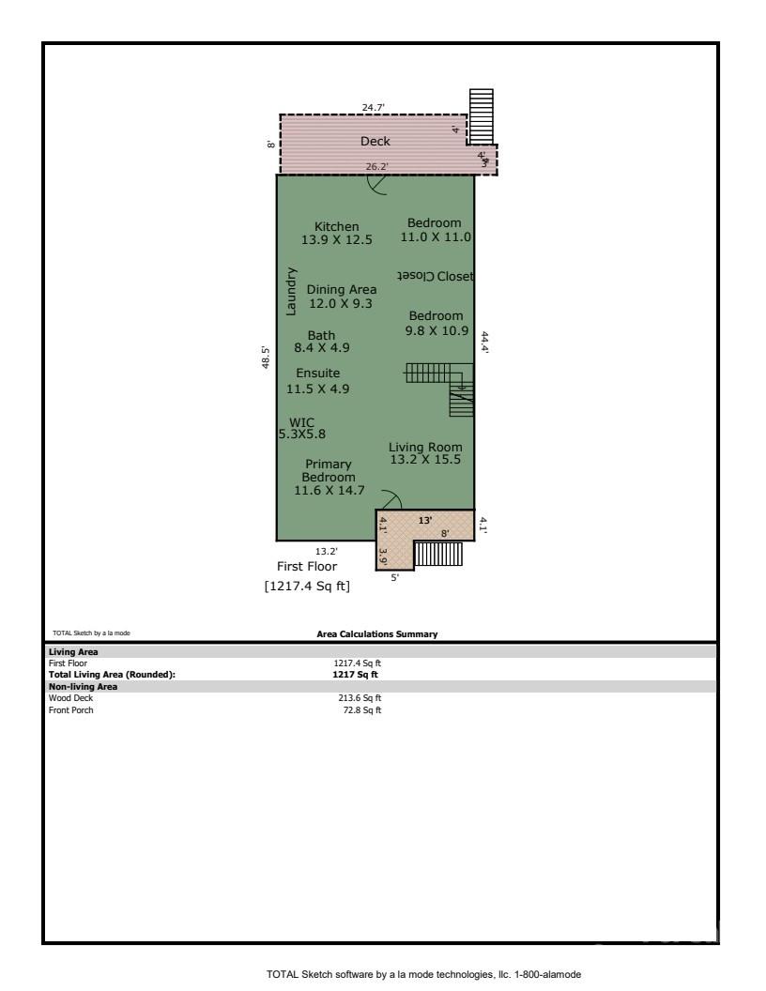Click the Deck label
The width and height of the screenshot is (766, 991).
pyautogui.click(x=375, y=142)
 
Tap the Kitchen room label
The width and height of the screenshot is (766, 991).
pyautogui.click(x=336, y=226)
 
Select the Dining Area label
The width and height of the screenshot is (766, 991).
pyautogui.click(x=342, y=290)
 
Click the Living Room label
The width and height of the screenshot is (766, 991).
pyautogui.click(x=425, y=448)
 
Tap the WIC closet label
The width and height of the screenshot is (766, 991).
pyautogui.click(x=302, y=422)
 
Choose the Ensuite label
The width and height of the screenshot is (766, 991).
pyautogui.click(x=318, y=373)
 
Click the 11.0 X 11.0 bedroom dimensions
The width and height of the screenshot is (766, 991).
pyautogui.click(x=436, y=237)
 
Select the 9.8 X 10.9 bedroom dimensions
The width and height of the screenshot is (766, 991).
pyautogui.click(x=435, y=330)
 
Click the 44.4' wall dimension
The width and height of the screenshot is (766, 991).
pyautogui.click(x=484, y=342)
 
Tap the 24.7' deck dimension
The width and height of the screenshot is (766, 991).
pyautogui.click(x=374, y=108)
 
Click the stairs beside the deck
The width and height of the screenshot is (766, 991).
pyautogui.click(x=481, y=115)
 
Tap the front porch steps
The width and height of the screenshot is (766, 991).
pyautogui.click(x=432, y=554)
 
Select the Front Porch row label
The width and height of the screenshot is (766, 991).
pyautogui.click(x=70, y=709)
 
